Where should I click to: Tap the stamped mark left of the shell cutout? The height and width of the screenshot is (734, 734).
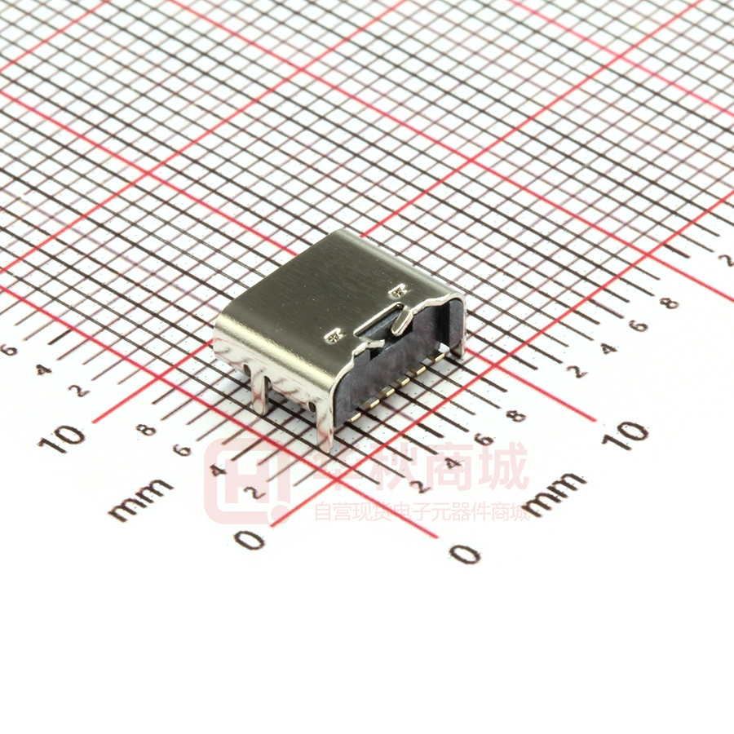click(333, 335)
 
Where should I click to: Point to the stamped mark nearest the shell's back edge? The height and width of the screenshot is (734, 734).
click(399, 288)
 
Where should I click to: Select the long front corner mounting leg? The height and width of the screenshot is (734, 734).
click(326, 424)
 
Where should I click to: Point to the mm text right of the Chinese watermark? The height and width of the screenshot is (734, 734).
click(555, 493)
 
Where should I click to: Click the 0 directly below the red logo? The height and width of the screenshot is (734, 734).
click(250, 539)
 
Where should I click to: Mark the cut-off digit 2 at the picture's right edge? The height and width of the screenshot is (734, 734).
click(726, 259)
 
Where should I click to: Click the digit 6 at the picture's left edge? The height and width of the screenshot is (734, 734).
click(10, 350)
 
